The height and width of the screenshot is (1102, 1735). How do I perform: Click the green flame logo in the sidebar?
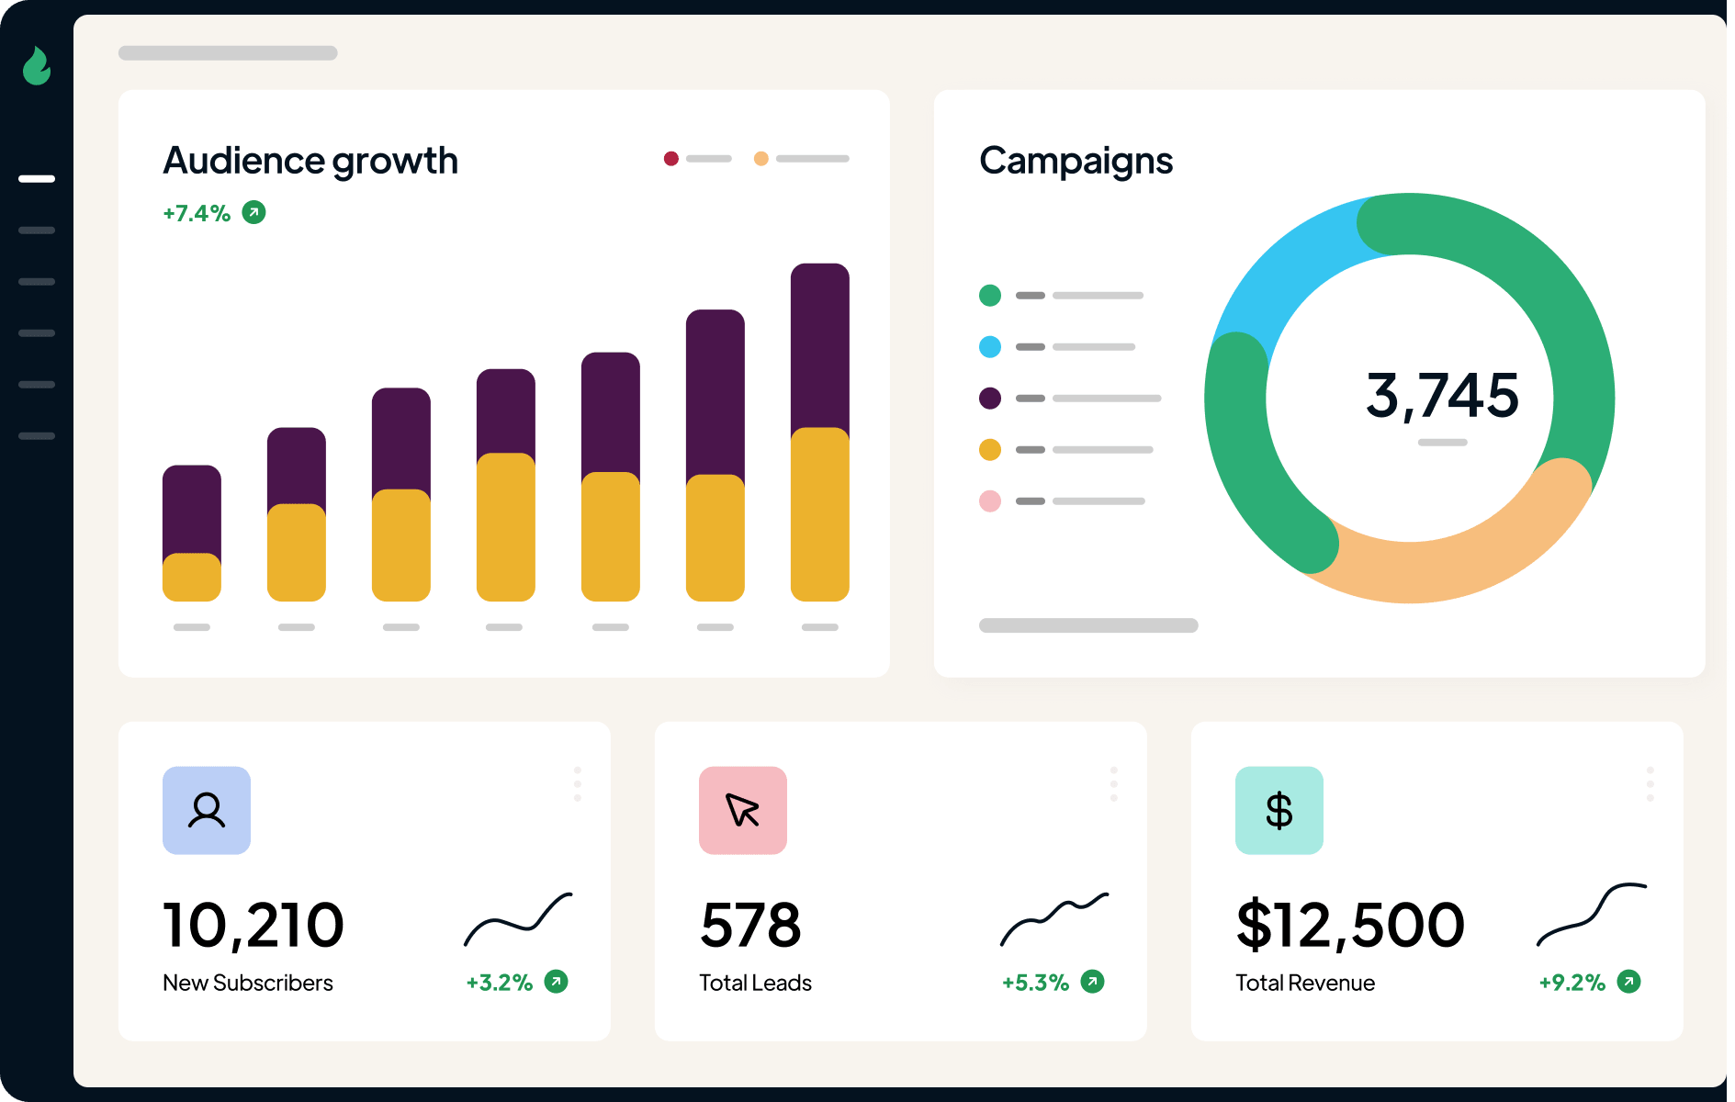[37, 66]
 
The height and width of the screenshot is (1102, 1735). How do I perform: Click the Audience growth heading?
[310, 161]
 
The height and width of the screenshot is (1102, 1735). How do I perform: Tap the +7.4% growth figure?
[197, 213]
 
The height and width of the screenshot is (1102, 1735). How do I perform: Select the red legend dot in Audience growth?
[671, 159]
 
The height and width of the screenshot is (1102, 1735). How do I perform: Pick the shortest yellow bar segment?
[192, 578]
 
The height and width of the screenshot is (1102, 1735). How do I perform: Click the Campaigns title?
[1076, 161]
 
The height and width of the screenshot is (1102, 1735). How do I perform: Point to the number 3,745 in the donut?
[1442, 395]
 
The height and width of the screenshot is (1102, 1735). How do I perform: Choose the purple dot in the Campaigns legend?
[990, 399]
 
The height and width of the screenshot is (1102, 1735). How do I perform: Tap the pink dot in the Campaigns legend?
[990, 501]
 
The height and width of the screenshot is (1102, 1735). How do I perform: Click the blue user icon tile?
[207, 811]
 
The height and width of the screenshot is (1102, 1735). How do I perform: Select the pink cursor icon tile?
[743, 811]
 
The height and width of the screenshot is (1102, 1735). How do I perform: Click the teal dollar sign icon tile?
[1279, 811]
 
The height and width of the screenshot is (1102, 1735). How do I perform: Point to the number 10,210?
[253, 925]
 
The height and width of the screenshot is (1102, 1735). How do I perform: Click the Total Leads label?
[755, 984]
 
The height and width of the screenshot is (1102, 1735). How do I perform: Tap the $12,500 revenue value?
[1350, 925]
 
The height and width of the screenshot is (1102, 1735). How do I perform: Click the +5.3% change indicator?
[1036, 984]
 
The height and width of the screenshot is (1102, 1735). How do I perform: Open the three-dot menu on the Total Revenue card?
[1651, 784]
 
